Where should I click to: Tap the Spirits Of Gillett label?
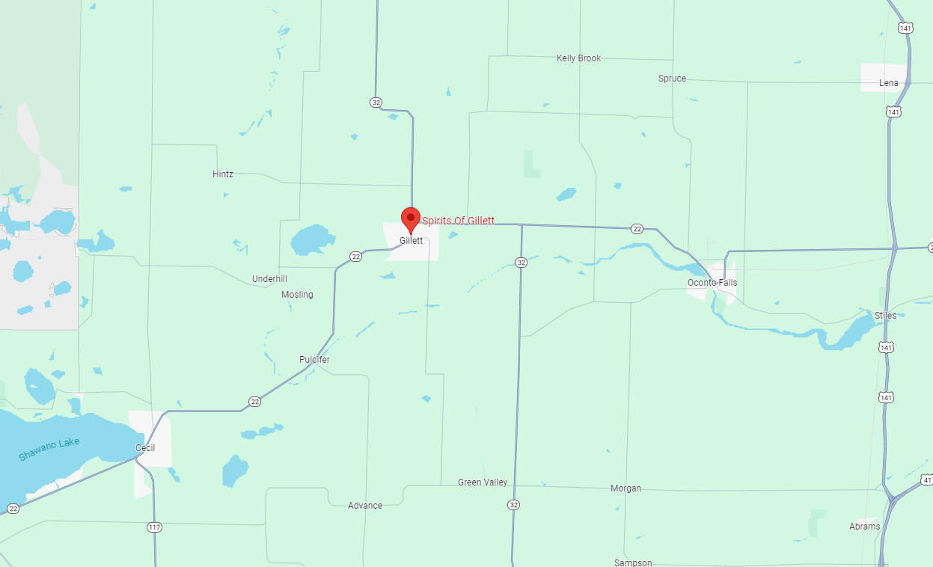458,221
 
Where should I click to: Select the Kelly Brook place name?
578,58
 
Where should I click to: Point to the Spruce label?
672,79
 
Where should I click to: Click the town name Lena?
889,83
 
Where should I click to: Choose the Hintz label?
223,174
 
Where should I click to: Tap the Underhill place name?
269,279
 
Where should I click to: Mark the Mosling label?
297,295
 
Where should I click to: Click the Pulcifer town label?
314,360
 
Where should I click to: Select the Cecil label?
145,448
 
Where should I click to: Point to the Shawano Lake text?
49,449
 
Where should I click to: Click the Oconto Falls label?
712,283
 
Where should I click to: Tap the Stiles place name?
885,316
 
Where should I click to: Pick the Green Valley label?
483,482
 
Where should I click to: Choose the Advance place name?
365,506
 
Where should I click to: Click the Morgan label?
625,488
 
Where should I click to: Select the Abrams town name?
865,527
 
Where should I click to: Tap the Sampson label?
633,563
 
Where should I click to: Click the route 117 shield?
154,527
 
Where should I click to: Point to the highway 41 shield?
927,479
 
